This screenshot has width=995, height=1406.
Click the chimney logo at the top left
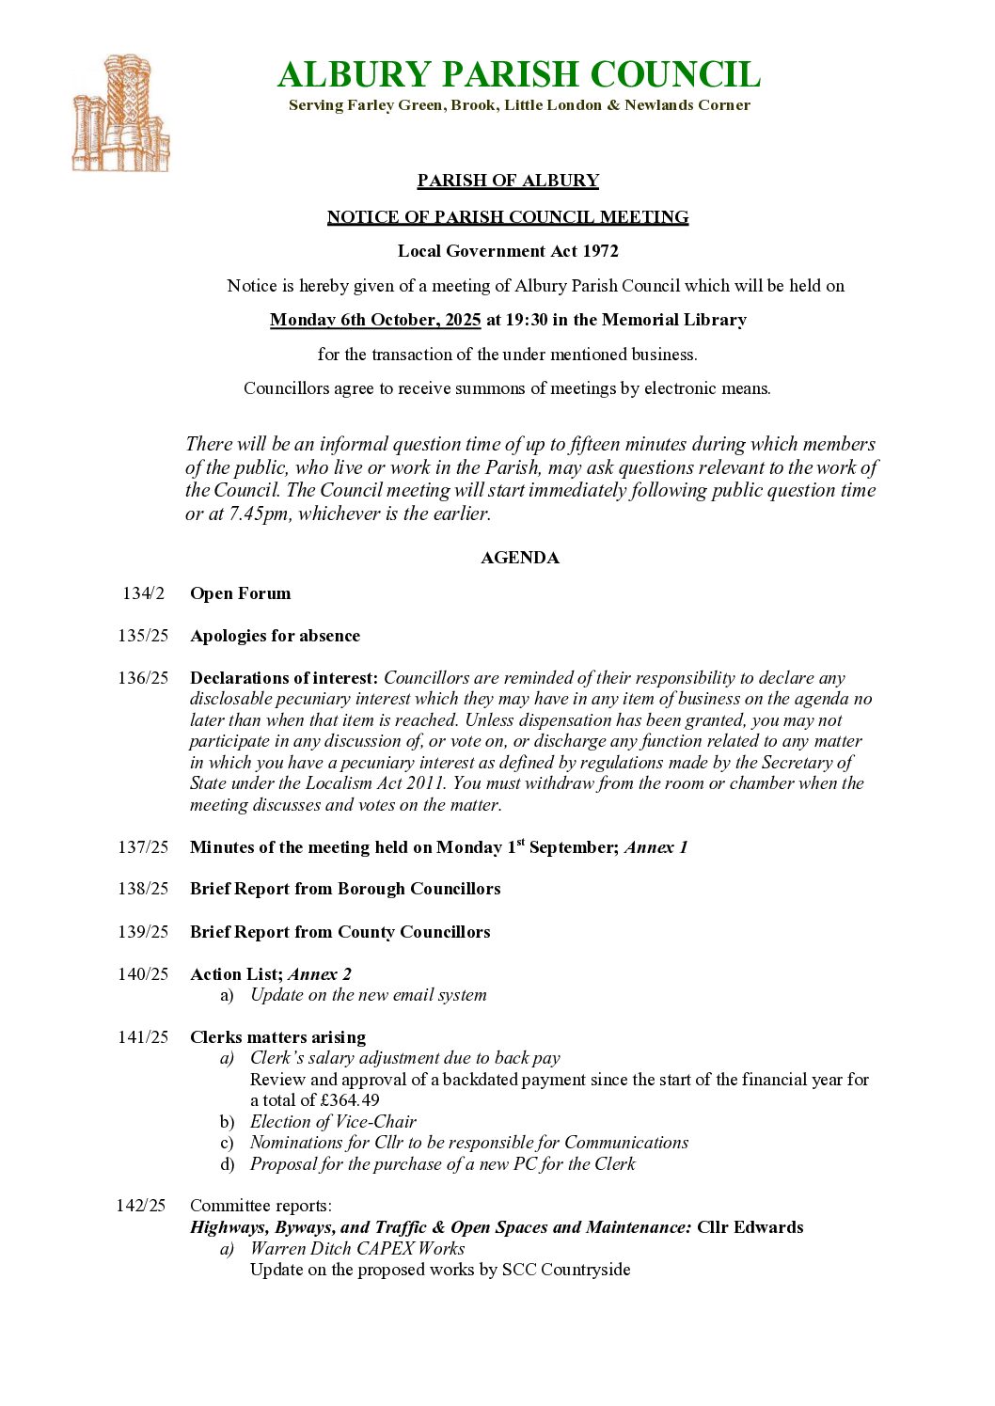click(120, 114)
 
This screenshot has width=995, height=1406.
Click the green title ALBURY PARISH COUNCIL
click(518, 74)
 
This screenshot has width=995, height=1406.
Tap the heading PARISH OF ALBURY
click(508, 181)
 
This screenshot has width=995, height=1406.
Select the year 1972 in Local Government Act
click(600, 251)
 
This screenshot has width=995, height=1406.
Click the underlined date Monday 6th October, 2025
click(375, 320)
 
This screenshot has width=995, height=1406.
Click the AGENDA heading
click(519, 558)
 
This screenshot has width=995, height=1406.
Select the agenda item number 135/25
click(143, 636)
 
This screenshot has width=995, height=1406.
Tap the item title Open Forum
click(240, 593)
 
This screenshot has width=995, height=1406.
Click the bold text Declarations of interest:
click(284, 678)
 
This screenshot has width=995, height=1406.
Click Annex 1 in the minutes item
click(655, 847)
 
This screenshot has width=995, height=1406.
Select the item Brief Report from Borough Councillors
click(345, 889)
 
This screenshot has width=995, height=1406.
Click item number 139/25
click(143, 932)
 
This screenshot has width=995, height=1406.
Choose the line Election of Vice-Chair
click(333, 1122)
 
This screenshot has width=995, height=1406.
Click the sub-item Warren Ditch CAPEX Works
click(357, 1249)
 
